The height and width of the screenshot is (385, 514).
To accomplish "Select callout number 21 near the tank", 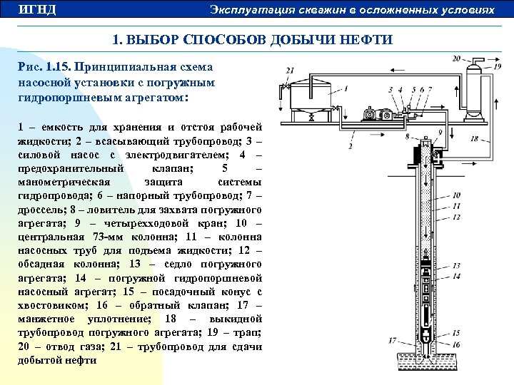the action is tap(289, 71).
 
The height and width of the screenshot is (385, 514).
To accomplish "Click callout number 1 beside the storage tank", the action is tap(346, 88).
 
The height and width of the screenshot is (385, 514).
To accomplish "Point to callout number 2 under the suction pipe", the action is tap(351, 146).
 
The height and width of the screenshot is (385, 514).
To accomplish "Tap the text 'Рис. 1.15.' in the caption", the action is tap(45, 66).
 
